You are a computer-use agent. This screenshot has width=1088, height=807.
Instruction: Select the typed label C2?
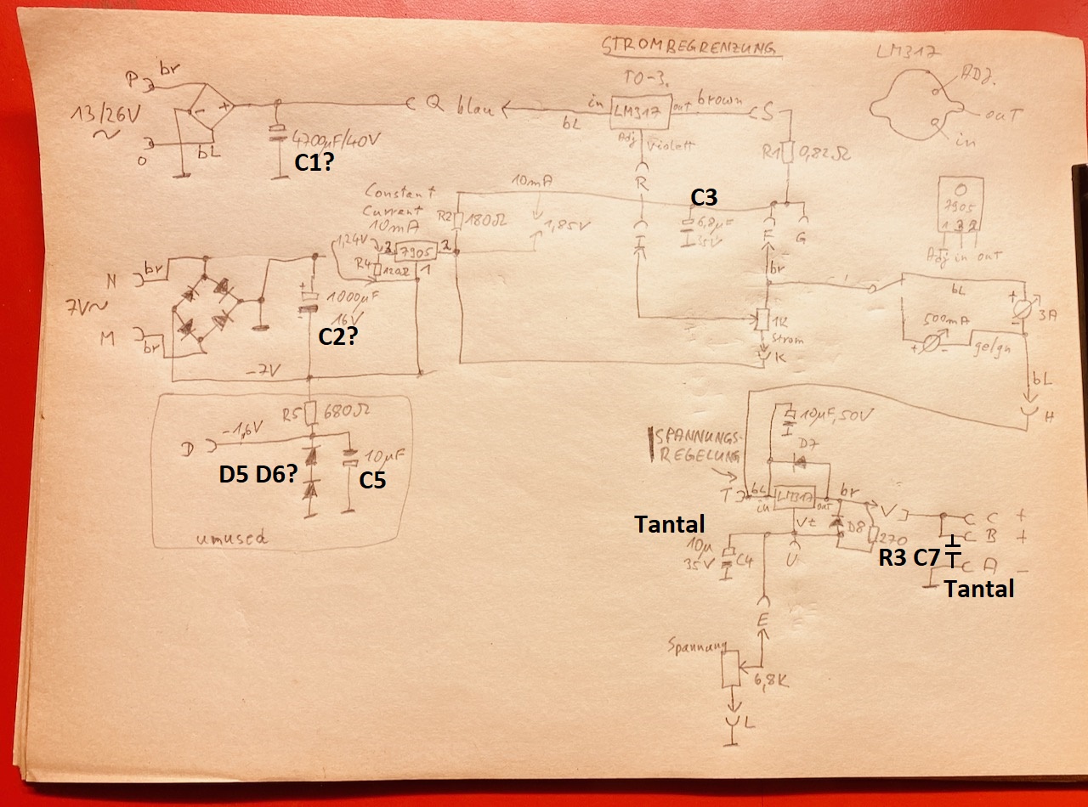(337, 336)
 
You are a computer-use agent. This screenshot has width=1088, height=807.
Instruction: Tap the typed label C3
(704, 197)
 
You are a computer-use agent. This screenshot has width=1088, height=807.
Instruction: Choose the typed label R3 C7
(909, 559)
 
